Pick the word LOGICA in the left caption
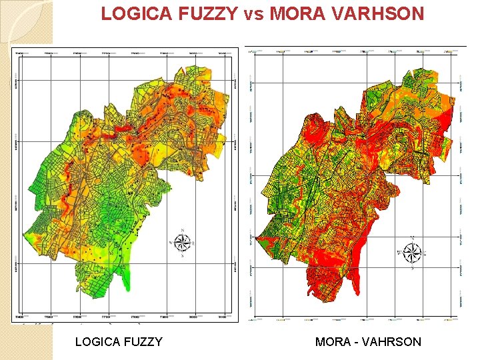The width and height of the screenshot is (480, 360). click(97, 342)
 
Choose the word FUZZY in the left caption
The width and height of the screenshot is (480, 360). click(142, 342)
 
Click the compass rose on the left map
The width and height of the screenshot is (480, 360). click(181, 243)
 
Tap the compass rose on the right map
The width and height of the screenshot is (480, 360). click(413, 253)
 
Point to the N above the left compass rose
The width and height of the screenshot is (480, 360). click(181, 231)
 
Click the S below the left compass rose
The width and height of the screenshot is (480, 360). click(181, 256)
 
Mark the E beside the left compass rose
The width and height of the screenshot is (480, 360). click(193, 244)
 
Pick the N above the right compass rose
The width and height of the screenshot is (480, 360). click(413, 239)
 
